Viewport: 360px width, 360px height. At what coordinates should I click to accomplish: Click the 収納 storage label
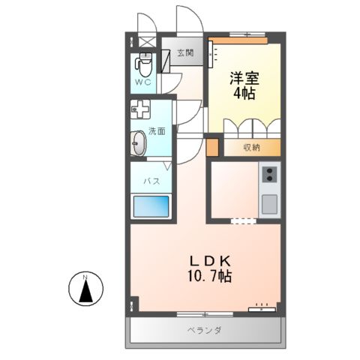point(252,147)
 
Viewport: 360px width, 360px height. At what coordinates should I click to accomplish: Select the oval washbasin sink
point(139,142)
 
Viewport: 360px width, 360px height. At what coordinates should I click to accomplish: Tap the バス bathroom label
point(151,181)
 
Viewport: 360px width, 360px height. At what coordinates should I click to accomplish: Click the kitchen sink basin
point(268,202)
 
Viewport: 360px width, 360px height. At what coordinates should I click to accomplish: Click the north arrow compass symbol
point(85,289)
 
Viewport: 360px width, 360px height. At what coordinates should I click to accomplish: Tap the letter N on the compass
point(85,280)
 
